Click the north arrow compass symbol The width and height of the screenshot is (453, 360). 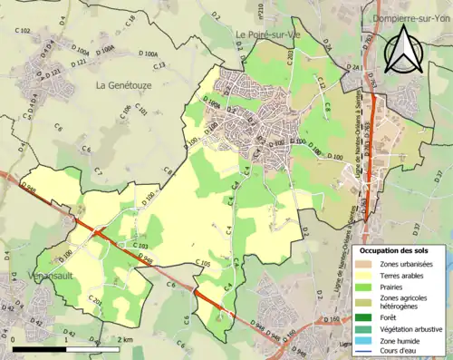point(404,49)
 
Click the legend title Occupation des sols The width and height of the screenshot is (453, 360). point(398,250)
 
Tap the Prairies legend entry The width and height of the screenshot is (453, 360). point(395,287)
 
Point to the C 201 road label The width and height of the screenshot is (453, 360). point(95,300)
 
